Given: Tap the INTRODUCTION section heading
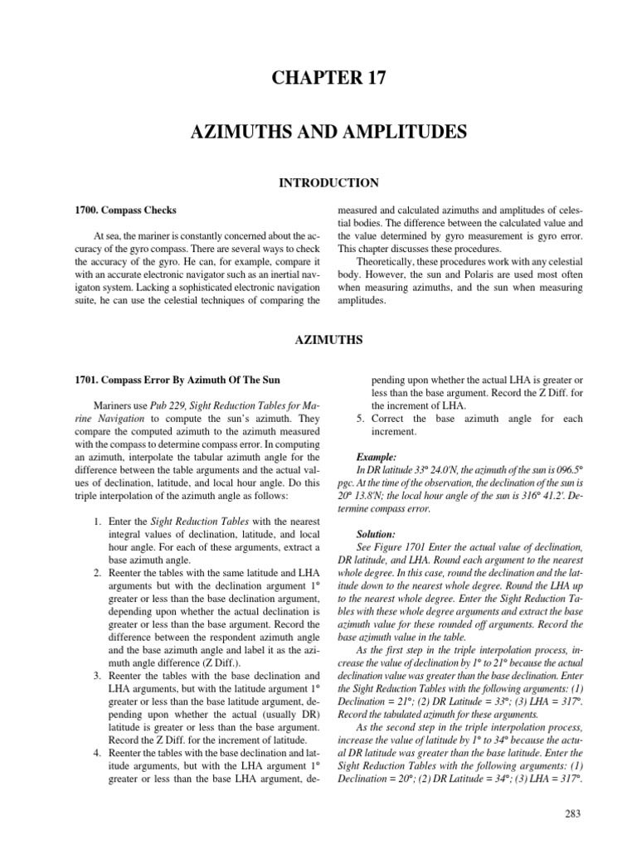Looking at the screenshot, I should pos(318,182).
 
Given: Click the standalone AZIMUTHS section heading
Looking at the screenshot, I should pos(318,339).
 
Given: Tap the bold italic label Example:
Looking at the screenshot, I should pos(376,456).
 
